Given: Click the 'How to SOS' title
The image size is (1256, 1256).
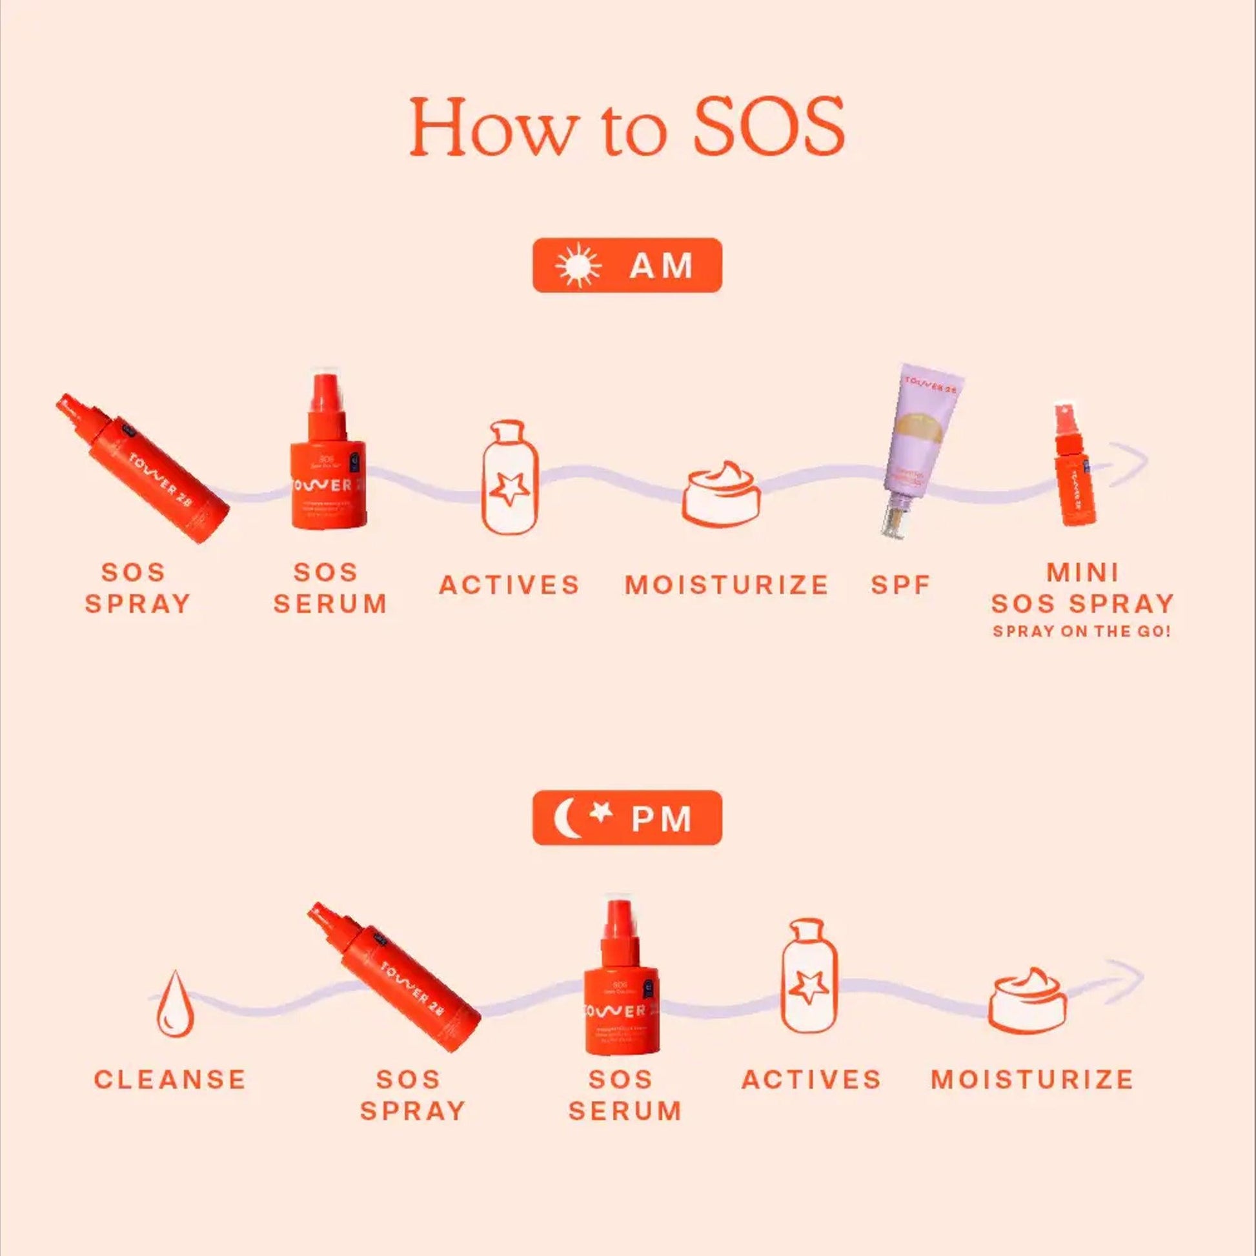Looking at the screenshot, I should pos(627,126).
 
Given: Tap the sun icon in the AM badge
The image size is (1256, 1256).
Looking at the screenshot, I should pos(578,265).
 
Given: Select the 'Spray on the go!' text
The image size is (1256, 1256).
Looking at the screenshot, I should pos(1081,632).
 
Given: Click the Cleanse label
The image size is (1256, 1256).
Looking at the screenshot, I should pos(170,1080).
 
